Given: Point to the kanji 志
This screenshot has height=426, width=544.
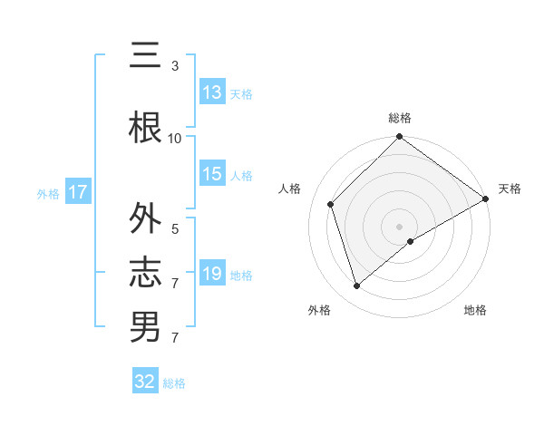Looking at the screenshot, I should pos(146,273).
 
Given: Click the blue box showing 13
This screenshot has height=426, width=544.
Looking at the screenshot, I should pos(212,92).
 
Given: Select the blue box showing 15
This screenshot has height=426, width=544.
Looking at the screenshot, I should pos(212,174).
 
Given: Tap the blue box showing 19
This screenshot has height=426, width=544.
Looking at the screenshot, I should pos(212,274).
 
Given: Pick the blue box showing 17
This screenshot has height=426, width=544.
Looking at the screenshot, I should pos(77,192).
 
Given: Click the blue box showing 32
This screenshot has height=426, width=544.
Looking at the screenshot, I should pos(145,382).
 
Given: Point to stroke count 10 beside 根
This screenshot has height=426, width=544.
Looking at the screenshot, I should pos(175,138).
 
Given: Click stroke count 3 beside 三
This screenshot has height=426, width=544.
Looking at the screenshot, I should pos(175,65).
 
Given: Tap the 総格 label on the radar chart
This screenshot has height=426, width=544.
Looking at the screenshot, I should pos(399,118).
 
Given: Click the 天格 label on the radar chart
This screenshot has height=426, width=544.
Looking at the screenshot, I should pos(510,189).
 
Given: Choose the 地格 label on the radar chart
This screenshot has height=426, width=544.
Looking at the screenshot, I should pos(475,310).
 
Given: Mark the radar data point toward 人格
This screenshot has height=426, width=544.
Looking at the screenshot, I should pos(331,204).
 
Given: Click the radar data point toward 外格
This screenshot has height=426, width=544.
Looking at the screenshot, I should pos(356,286).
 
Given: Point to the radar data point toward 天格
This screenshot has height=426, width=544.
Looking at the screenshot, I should pos(486,198).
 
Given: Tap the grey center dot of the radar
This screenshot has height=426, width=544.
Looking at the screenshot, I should pos(399,226).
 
